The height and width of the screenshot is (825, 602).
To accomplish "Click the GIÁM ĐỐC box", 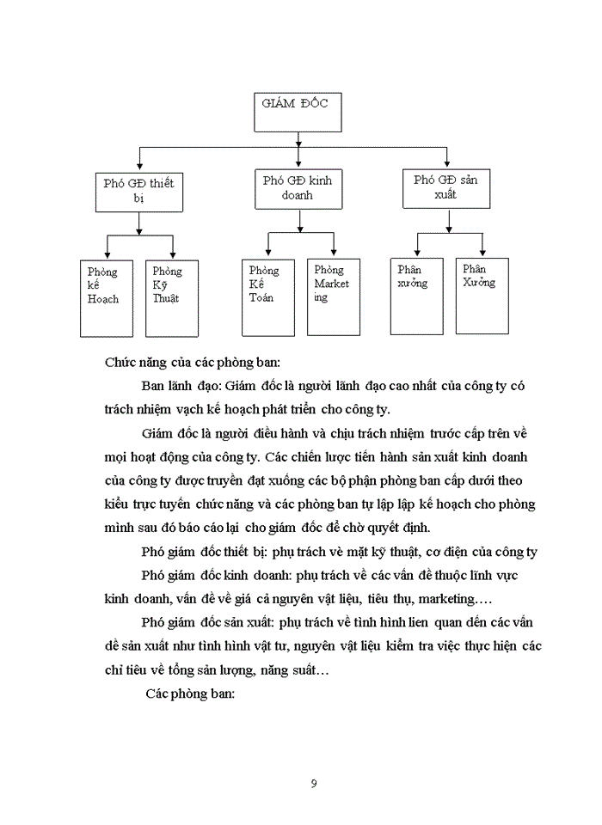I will point(296,110).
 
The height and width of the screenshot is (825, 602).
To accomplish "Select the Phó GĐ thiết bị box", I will point(138,191).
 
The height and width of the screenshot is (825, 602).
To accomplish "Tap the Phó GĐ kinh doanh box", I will point(298,187).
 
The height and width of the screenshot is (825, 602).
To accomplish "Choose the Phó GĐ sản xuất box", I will point(445,187).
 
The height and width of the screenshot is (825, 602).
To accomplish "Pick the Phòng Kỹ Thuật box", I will point(171,298).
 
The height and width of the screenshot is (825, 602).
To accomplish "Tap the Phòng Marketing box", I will point(333,296).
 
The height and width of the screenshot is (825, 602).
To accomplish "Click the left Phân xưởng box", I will point(416,295).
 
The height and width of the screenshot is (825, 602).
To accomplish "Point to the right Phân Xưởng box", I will point(482,295).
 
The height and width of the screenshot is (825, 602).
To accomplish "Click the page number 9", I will point(313,782).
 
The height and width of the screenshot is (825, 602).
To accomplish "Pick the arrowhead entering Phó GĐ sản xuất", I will point(446,163).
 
